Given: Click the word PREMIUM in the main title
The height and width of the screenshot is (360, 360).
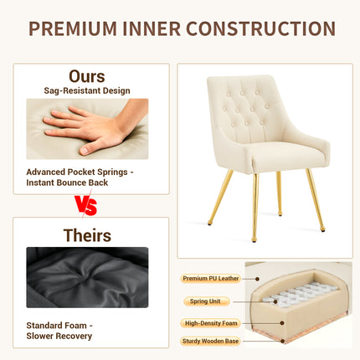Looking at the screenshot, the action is (x=73, y=28).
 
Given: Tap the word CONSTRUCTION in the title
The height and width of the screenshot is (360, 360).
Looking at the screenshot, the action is (x=260, y=28).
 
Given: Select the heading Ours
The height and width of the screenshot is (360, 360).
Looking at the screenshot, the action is (x=87, y=76).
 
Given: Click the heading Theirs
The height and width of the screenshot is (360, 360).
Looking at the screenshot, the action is (x=87, y=235).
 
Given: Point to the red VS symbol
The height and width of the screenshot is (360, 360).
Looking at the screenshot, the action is (x=86, y=205).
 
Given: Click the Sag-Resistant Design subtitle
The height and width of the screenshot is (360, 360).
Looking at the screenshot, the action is (x=87, y=90).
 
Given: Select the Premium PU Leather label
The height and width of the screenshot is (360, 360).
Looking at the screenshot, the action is (x=211, y=278).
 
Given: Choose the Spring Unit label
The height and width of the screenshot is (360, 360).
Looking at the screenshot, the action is (x=205, y=301).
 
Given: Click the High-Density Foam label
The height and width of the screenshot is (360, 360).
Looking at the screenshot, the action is (x=211, y=323).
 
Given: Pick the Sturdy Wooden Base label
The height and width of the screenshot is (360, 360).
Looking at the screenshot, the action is (x=210, y=341).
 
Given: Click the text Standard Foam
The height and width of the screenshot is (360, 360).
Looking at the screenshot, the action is (x=56, y=326).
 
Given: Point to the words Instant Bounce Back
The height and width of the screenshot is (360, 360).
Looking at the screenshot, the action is (x=67, y=183).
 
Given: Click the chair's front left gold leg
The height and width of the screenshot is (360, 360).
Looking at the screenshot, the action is (x=220, y=198).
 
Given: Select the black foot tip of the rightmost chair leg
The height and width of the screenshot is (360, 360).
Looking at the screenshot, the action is (x=323, y=230).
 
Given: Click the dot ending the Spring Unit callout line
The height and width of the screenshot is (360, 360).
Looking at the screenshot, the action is (x=275, y=301).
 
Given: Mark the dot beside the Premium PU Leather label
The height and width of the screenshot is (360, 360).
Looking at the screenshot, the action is (x=257, y=279).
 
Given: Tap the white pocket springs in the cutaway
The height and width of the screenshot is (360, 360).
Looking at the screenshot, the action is (x=300, y=295).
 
